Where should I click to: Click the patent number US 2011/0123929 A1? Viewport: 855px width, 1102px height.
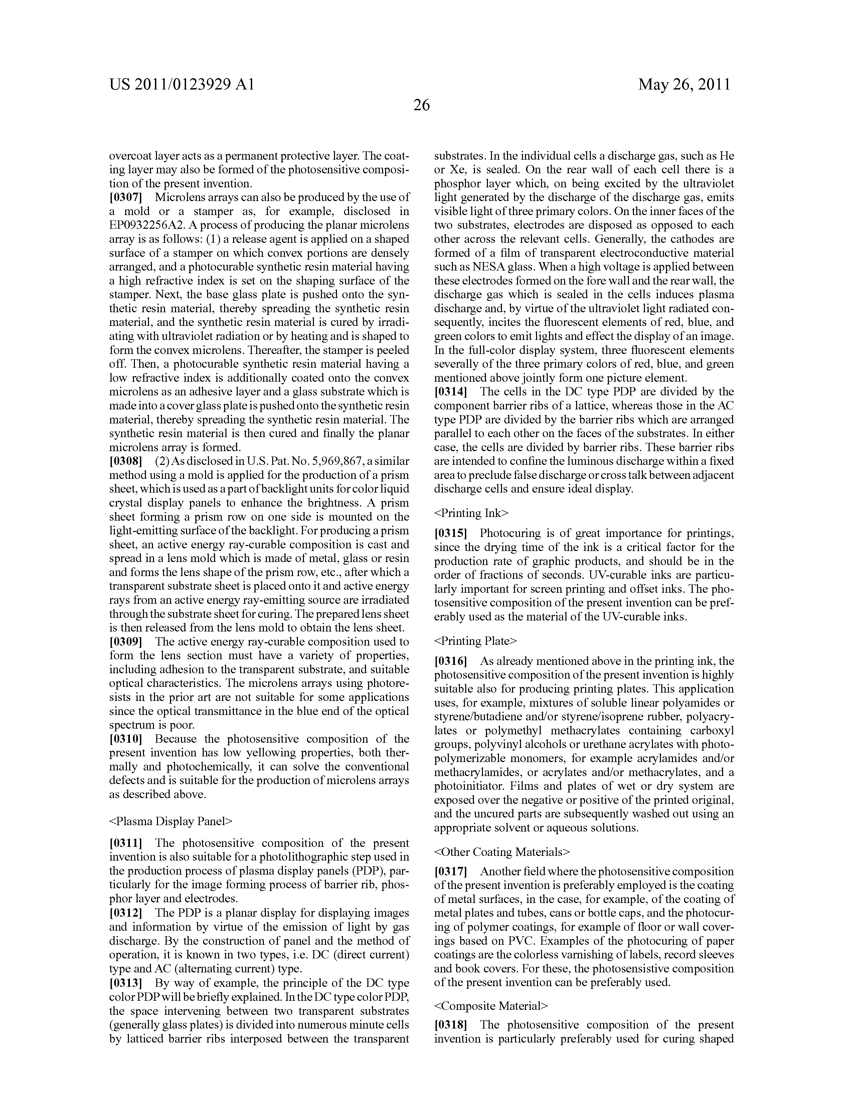[182, 84]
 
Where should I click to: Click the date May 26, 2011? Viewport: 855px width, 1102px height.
[684, 84]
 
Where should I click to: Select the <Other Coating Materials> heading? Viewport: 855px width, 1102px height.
[502, 852]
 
